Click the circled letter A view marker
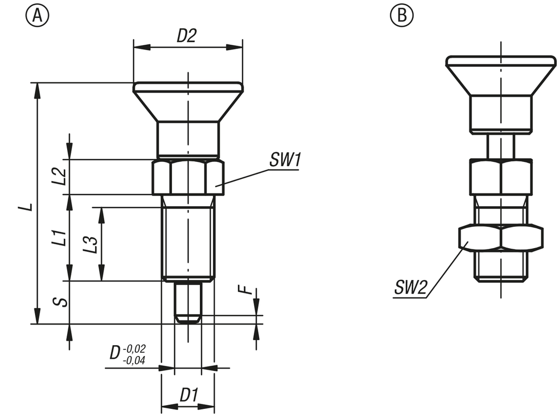[x=37, y=16]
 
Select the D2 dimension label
[x=186, y=36]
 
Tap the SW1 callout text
[x=284, y=161]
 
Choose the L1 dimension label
[x=61, y=238]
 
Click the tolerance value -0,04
[x=135, y=360]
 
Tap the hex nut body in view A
[x=188, y=177]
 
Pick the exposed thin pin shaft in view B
[x=501, y=146]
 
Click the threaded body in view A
[x=188, y=240]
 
